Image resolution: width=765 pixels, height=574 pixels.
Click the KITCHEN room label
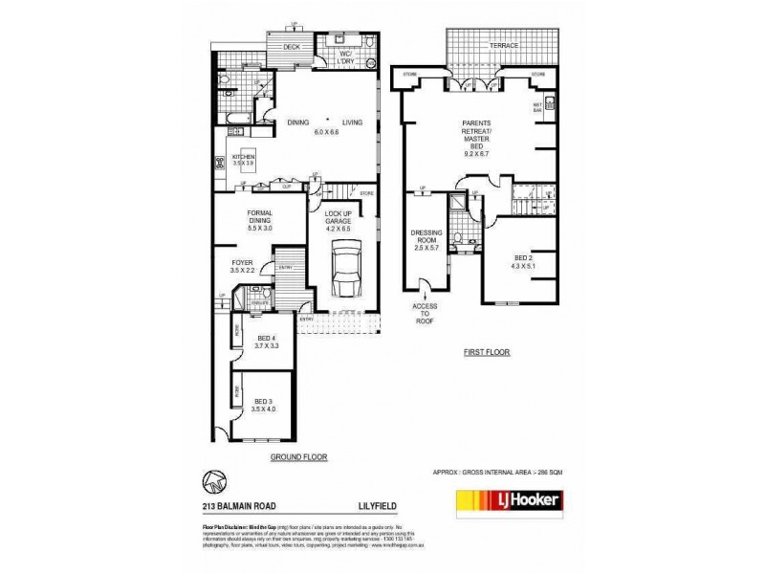click(x=244, y=159)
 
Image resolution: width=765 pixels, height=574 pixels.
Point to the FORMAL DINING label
click(x=259, y=221)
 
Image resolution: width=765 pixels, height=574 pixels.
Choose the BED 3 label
click(x=263, y=405)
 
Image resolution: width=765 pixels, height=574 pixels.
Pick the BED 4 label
click(x=266, y=341)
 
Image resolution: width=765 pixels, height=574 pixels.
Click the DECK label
click(x=291, y=46)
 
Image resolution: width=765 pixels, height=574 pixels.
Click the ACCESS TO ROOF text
click(x=425, y=315)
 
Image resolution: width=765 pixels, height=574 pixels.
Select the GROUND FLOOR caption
click(x=299, y=456)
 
